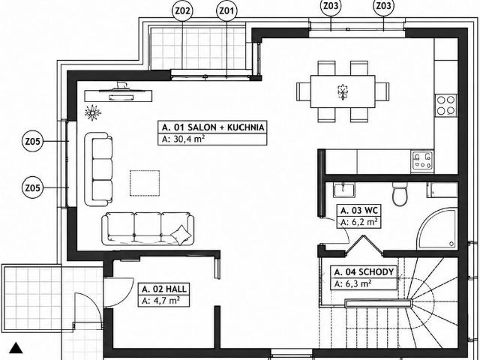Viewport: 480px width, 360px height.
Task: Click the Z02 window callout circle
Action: (182, 11)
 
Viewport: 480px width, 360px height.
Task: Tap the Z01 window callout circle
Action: (226, 11)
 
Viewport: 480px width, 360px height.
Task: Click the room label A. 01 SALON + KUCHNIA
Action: (213, 127)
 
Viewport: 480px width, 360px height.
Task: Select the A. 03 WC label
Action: (359, 211)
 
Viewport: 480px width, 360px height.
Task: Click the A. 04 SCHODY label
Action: (364, 271)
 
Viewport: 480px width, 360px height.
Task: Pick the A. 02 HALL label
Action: (164, 289)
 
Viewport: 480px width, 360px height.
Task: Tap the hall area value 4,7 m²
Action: (165, 301)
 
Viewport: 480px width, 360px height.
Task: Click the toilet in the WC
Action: (400, 194)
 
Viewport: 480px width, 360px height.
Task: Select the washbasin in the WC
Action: (343, 190)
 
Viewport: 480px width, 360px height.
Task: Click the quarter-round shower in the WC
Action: (437, 228)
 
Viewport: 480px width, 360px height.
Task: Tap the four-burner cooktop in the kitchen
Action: (445, 105)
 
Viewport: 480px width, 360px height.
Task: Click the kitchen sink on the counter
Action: (422, 160)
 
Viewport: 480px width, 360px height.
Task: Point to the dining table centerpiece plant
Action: (343, 91)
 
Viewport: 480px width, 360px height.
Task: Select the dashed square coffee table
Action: (145, 183)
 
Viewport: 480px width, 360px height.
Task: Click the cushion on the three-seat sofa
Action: (181, 235)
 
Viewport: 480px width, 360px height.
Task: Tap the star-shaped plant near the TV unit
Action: (92, 112)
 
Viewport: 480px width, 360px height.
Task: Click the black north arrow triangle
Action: (16, 348)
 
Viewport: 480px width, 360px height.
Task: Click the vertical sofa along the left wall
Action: (98, 169)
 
